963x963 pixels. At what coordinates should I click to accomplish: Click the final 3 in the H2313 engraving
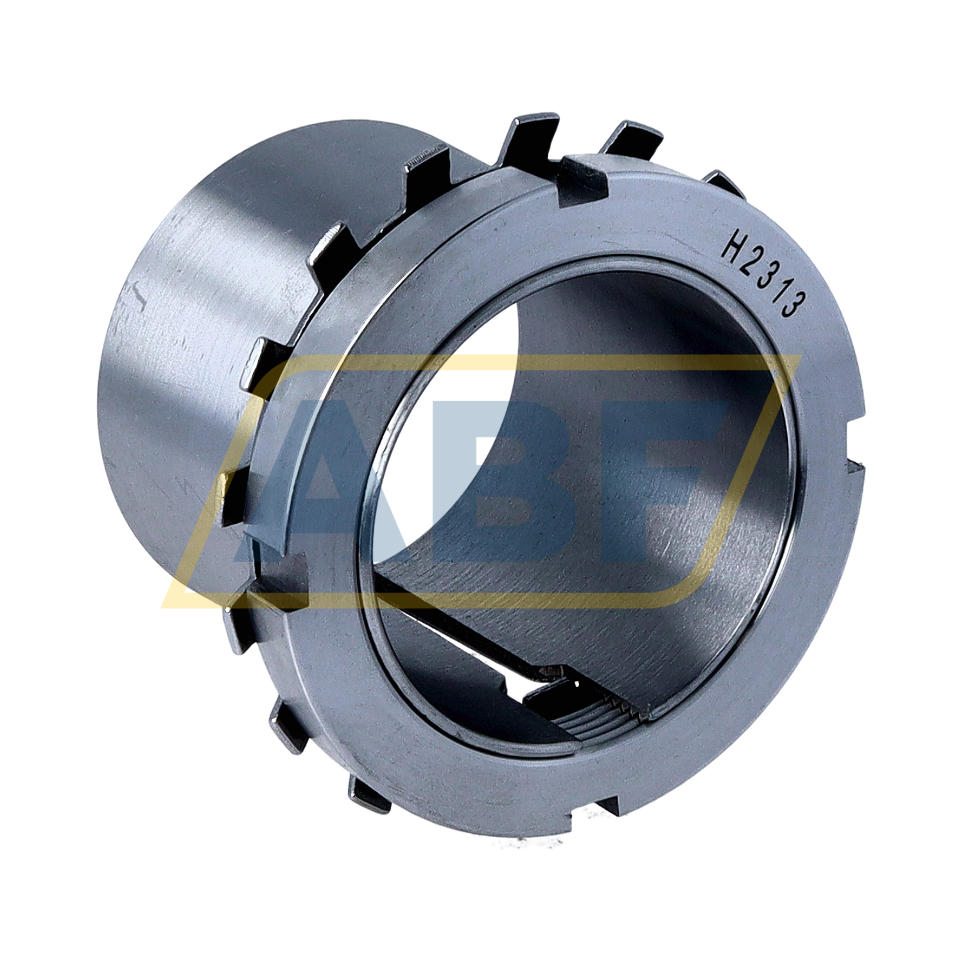(x=792, y=303)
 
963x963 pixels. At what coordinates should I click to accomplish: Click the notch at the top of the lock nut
(x=583, y=181)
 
